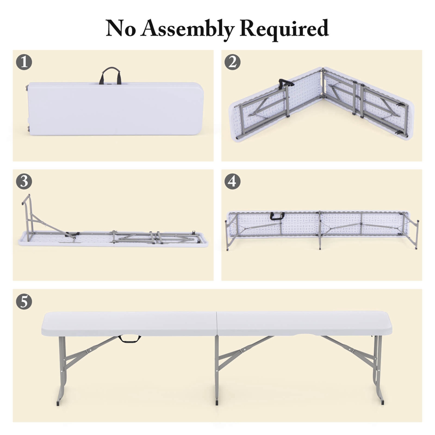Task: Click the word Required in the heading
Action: [x=284, y=29]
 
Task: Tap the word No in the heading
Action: [x=121, y=29]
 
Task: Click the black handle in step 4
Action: [x=277, y=216]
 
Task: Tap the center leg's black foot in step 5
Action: [x=217, y=403]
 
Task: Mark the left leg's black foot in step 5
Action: [x=58, y=403]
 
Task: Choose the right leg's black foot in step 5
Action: [x=383, y=402]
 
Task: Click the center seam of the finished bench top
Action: [x=217, y=324]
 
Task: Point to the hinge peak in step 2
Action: [x=323, y=70]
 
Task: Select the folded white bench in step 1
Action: [x=115, y=109]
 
